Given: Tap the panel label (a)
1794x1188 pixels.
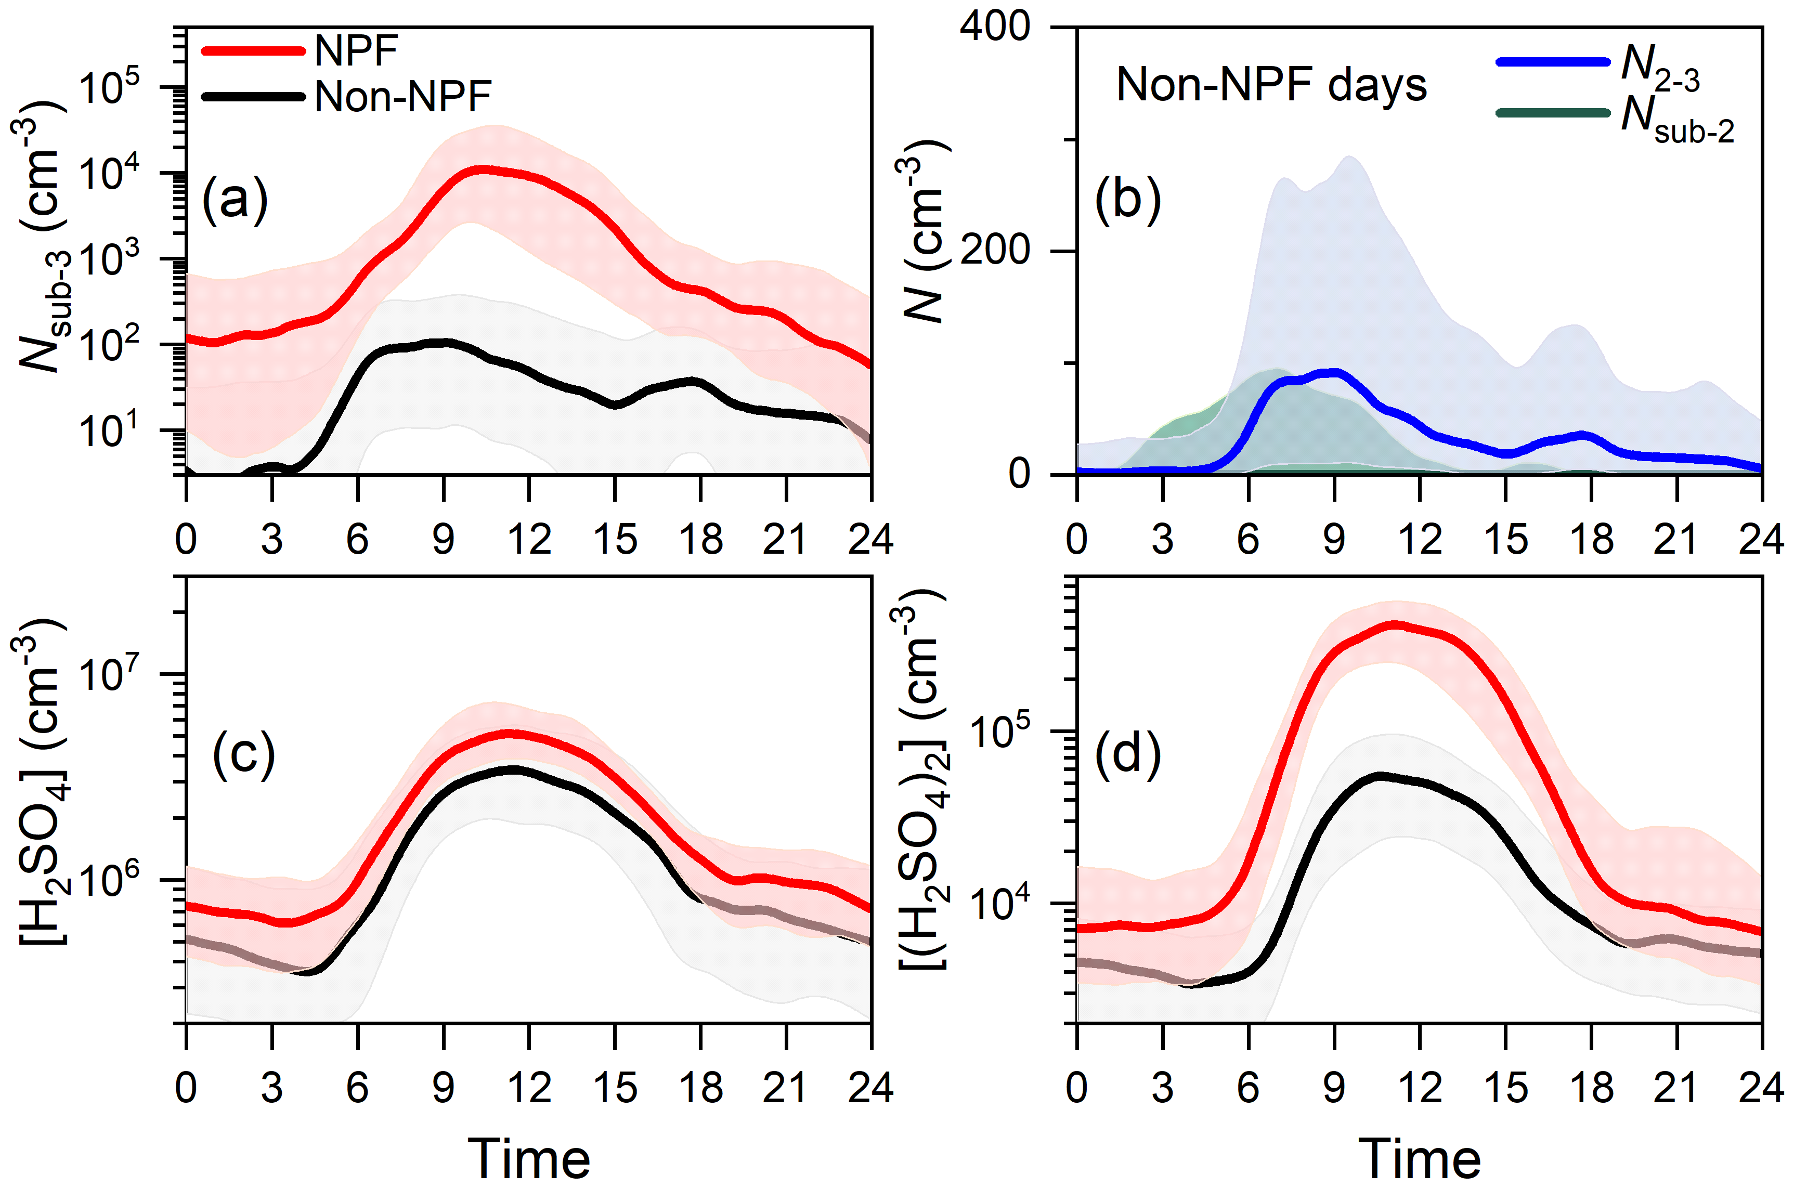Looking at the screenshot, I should coord(235,199).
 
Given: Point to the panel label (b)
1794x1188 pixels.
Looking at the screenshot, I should coord(1127,199).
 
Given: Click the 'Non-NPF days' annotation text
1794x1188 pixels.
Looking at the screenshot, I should coord(1271,84).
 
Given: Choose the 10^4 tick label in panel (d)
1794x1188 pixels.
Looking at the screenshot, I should coord(1000,902).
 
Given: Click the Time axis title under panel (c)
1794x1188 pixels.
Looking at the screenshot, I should coord(529,1158).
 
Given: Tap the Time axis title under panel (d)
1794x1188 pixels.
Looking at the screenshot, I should coord(1419,1158).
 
